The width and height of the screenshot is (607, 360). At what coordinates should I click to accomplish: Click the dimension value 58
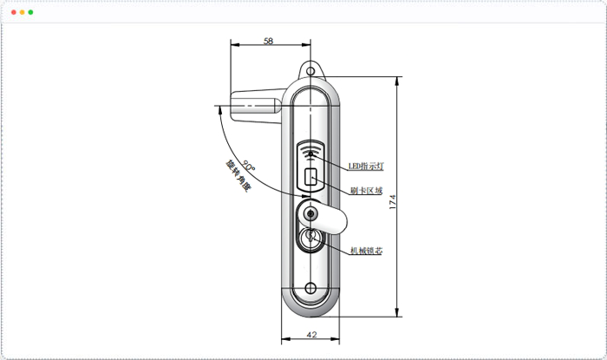[x=268, y=41]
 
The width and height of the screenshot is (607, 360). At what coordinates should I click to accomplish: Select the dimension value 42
[x=311, y=335]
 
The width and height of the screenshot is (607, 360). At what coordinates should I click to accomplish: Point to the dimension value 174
[x=393, y=202]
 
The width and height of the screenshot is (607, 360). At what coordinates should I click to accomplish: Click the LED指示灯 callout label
[x=366, y=167]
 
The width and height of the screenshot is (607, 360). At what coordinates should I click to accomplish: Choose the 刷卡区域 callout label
[x=366, y=191]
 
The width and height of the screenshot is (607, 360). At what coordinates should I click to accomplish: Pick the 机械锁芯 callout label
[x=366, y=251]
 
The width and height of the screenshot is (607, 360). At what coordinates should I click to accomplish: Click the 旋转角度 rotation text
[x=238, y=176]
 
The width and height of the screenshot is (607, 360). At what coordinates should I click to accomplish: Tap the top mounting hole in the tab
[x=310, y=71]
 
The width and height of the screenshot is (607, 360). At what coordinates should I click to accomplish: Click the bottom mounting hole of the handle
[x=310, y=288]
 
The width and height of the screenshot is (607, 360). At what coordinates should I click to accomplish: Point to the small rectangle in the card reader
[x=310, y=177]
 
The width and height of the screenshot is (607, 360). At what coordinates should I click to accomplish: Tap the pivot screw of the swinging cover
[x=310, y=213]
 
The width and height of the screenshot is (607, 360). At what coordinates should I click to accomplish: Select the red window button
[x=14, y=12]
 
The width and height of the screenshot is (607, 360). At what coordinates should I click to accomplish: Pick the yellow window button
[x=23, y=12]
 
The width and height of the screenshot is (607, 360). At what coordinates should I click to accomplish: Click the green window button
[x=31, y=12]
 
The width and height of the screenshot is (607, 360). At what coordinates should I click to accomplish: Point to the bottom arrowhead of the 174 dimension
[x=397, y=312]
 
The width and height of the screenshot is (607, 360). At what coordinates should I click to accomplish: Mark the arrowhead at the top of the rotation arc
[x=220, y=110]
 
